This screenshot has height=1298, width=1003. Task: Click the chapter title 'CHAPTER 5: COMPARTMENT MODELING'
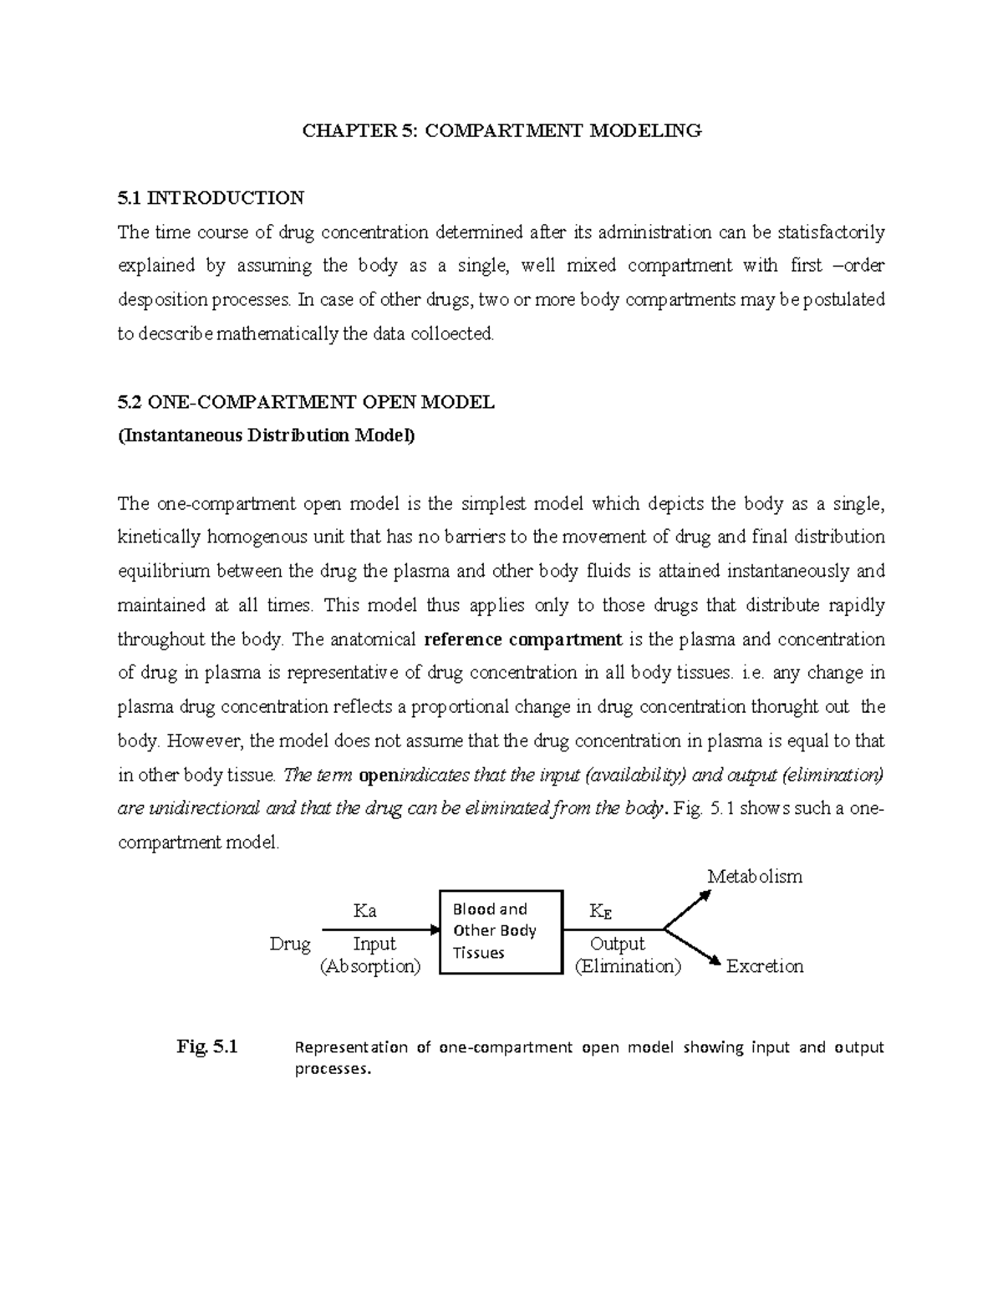pos(501,130)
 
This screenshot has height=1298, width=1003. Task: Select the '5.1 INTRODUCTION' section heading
pos(211,198)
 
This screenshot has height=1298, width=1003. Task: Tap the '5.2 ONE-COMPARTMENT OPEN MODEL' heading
pos(306,402)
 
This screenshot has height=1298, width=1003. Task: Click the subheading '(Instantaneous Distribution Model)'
pos(266,435)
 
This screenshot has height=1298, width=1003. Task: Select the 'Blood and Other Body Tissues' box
pos(500,931)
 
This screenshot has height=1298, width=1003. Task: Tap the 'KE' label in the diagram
pos(600,911)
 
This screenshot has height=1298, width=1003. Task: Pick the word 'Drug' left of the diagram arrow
pos(290,944)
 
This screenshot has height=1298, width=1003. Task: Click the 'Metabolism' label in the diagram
pos(754,877)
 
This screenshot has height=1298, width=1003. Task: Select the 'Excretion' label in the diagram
pos(764,966)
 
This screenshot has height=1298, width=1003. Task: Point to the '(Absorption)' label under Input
pos(370,966)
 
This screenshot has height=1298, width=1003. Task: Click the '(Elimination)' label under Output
pos(628,966)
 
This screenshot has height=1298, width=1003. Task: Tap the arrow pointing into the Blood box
pos(380,929)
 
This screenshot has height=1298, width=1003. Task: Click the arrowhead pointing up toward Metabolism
pos(705,895)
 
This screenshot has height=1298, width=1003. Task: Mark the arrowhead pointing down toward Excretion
pos(713,960)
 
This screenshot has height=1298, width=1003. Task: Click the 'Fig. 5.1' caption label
pos(207,1046)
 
